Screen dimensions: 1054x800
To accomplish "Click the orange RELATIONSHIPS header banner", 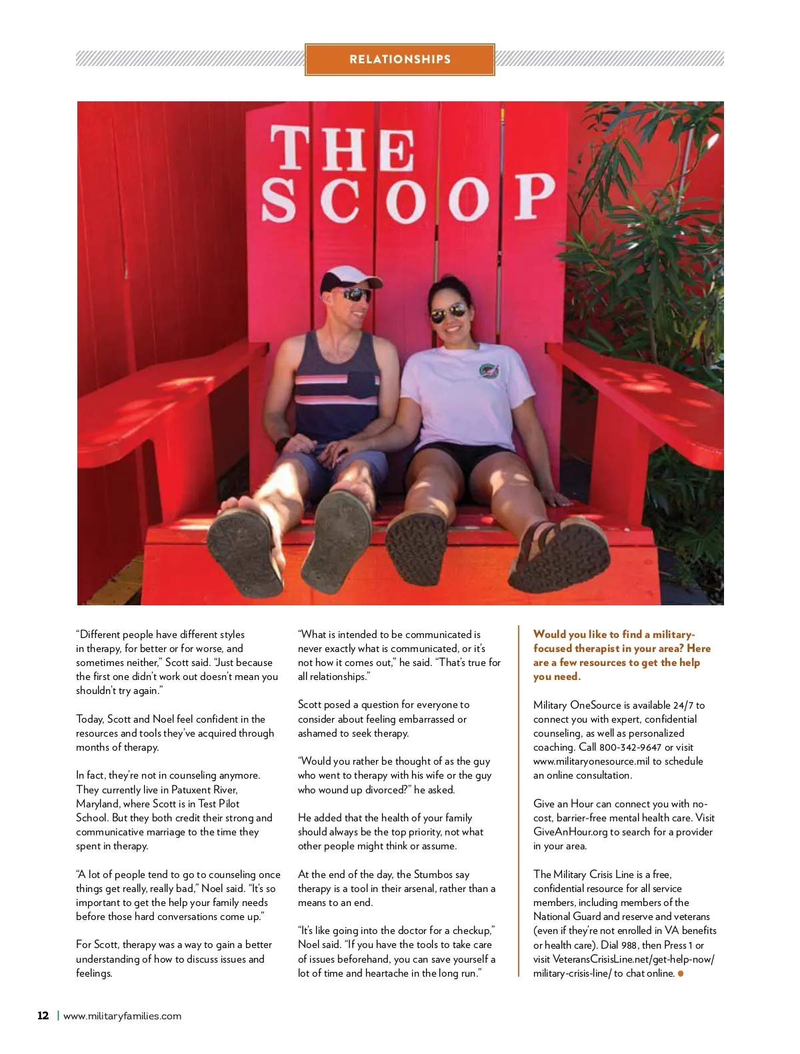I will coord(400,59).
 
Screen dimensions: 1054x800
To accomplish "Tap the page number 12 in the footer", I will coord(43,1015).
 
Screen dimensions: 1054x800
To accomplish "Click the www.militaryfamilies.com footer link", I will coord(122,1016).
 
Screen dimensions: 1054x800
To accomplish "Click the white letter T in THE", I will coord(292,149).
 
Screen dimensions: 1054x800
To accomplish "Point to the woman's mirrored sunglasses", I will coord(448,312).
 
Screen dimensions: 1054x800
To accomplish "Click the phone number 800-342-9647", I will coord(630,747).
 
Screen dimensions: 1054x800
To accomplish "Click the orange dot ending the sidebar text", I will coord(681,973).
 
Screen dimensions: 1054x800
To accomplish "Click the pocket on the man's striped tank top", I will coord(362,385).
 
